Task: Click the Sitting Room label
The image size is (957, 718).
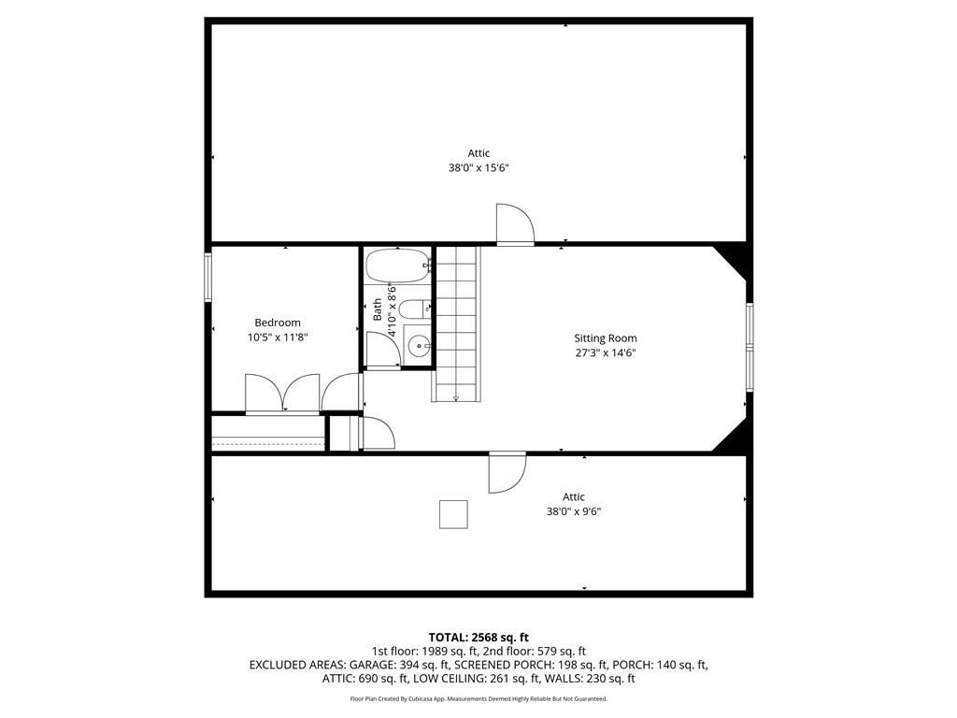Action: coord(605,338)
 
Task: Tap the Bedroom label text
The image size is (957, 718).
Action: coord(277,323)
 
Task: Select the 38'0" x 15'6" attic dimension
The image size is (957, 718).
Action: coord(478,167)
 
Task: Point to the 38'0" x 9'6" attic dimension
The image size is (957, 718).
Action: coord(573,511)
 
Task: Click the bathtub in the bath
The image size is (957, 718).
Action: coord(398,266)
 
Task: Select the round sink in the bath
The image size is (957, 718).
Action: coord(419,347)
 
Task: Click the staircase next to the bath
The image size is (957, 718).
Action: coord(456,323)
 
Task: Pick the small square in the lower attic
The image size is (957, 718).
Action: coord(453,514)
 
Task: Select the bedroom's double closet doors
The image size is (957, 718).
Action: coord(282,394)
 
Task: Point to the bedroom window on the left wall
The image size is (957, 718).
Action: coord(207,277)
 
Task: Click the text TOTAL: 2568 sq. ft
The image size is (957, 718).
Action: coord(478,638)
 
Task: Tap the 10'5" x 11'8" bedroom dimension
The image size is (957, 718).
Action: coord(277,337)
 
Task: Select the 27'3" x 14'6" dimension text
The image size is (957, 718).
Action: coord(606,352)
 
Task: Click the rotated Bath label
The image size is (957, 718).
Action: coord(378,309)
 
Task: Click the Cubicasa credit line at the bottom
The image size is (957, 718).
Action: coord(478,698)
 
